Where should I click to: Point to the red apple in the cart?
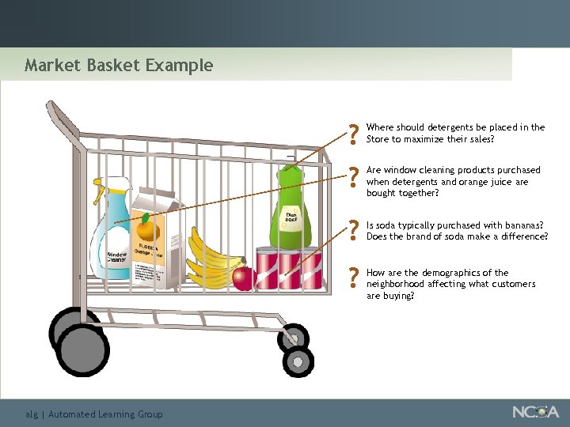coord(244,278)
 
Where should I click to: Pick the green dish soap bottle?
coord(290,210)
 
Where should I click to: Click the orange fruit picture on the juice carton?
coord(146,229)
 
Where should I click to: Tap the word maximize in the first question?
coord(427,139)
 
